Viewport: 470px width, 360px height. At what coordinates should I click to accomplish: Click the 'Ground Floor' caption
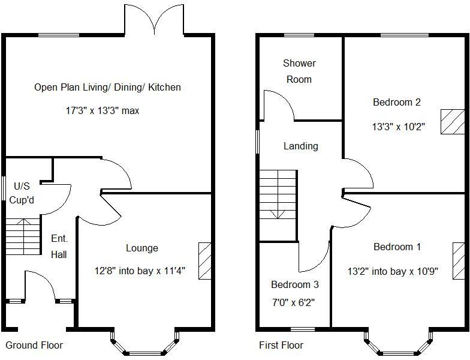tap(34, 345)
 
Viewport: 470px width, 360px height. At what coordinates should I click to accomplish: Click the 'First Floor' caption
tap(281, 345)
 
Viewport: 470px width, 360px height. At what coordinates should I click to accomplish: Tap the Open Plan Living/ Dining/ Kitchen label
tap(107, 87)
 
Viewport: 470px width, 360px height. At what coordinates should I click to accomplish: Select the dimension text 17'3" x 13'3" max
tap(103, 110)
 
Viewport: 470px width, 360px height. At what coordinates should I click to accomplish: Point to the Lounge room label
tap(142, 248)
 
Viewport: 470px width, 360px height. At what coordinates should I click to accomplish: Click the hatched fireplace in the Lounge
tap(205, 260)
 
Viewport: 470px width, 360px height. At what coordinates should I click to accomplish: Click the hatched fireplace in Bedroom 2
tap(453, 122)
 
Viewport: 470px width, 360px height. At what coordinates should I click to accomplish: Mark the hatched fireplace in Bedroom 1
tap(459, 260)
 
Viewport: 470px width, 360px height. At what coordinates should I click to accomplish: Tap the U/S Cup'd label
tap(19, 194)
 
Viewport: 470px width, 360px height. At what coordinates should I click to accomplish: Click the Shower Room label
tap(299, 71)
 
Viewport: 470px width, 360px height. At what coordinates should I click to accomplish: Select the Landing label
tap(300, 146)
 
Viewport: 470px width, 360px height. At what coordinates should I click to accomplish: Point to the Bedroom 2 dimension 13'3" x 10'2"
tap(399, 127)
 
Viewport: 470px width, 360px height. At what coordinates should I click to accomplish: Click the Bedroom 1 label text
tap(397, 247)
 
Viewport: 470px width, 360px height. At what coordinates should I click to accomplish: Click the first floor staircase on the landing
tap(278, 196)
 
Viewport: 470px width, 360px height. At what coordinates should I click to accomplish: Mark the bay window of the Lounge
tap(145, 346)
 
